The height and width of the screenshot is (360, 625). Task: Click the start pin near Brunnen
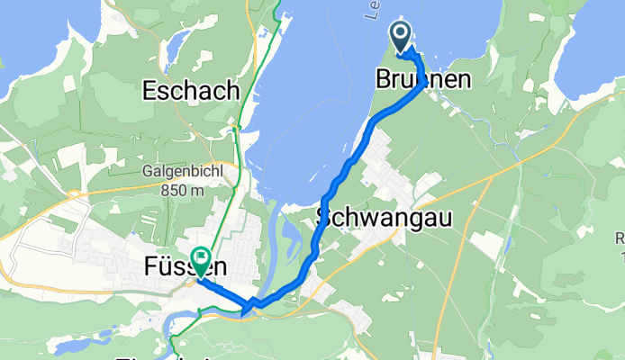coord(401,35)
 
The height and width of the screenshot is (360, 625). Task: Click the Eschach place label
coord(191,91)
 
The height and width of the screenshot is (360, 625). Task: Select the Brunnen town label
coord(422,80)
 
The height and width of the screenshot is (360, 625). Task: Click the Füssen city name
coord(184,268)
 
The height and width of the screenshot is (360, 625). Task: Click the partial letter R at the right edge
coord(620,238)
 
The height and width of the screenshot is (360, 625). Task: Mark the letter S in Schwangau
coord(324,217)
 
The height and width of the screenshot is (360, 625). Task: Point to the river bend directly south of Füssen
coord(194,315)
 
